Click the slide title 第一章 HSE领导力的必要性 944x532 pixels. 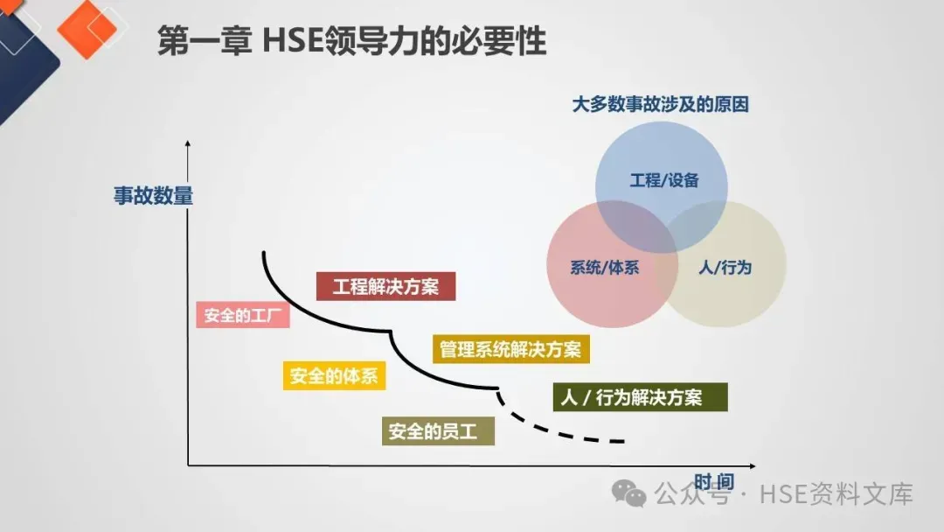pyautogui.click(x=351, y=41)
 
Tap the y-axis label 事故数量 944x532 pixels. pyautogui.click(x=153, y=195)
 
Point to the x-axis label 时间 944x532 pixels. pyautogui.click(x=713, y=482)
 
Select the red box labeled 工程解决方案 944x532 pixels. pyautogui.click(x=385, y=286)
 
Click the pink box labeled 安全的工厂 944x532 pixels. pyautogui.click(x=242, y=315)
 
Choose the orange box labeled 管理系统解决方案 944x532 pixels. pyautogui.click(x=510, y=349)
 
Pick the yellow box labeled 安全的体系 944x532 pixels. pyautogui.click(x=334, y=376)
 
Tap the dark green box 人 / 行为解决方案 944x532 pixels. pyautogui.click(x=641, y=397)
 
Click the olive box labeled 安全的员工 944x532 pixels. pyautogui.click(x=438, y=431)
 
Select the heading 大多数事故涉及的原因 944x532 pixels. pyautogui.click(x=660, y=105)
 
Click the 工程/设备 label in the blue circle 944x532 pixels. pyautogui.click(x=664, y=181)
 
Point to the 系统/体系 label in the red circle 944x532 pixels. pyautogui.click(x=604, y=268)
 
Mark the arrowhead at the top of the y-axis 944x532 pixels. pyautogui.click(x=188, y=143)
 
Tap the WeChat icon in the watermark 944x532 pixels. pyautogui.click(x=629, y=494)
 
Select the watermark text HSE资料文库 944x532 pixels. pyautogui.click(x=836, y=494)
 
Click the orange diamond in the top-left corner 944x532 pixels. pyautogui.click(x=86, y=28)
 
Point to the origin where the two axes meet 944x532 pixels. pyautogui.click(x=188, y=465)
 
